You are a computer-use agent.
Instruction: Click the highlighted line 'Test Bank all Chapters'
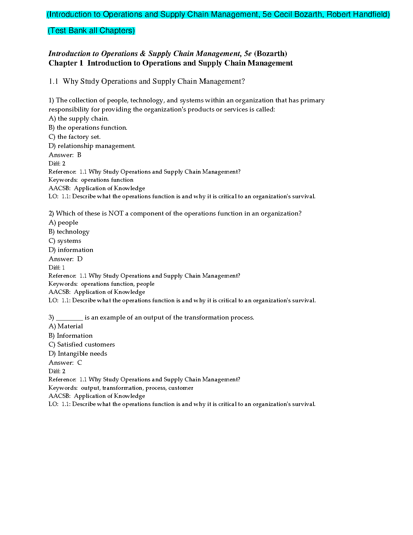[91, 31]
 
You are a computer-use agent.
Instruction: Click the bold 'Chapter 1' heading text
[66, 63]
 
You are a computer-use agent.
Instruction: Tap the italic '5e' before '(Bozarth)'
[248, 54]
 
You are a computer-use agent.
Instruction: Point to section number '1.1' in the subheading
[53, 81]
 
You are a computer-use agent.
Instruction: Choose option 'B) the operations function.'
[88, 128]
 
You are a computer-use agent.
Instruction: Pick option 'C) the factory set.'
[75, 137]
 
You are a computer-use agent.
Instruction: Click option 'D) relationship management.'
[92, 146]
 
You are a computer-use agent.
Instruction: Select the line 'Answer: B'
[65, 155]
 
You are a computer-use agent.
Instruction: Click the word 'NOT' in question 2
[116, 213]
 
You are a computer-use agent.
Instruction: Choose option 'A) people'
[63, 223]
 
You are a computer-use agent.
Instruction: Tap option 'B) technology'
[69, 232]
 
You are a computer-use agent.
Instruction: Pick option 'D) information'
[71, 250]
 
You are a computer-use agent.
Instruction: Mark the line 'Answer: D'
[65, 259]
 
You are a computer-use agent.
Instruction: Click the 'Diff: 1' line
[57, 267]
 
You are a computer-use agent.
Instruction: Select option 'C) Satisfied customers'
[82, 345]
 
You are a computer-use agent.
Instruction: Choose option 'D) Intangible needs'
[78, 354]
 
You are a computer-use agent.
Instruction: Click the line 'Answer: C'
[65, 363]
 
